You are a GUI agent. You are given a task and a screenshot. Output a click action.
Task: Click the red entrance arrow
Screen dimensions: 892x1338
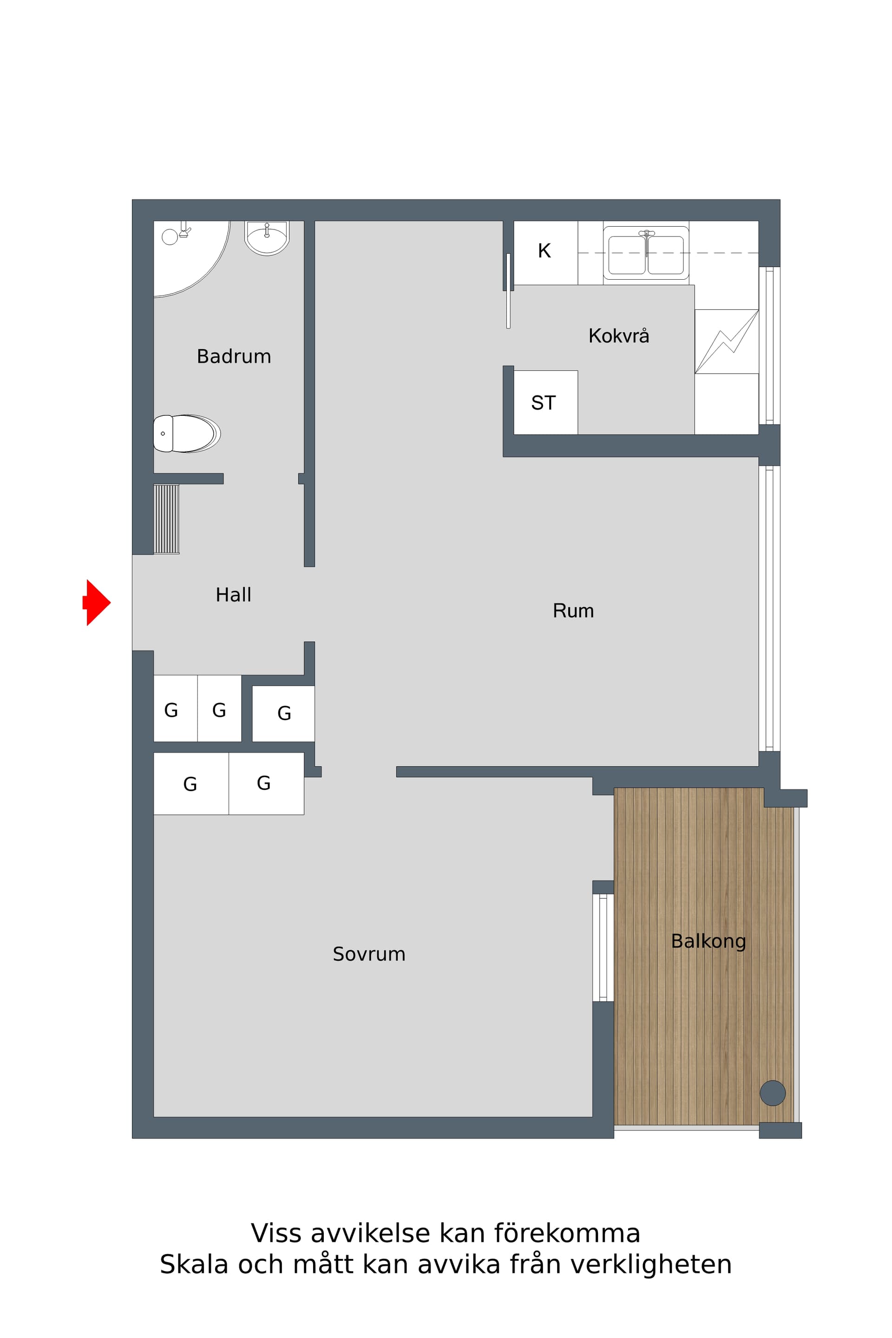coord(97,603)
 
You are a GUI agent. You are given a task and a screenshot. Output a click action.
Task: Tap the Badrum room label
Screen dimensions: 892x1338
coord(234,357)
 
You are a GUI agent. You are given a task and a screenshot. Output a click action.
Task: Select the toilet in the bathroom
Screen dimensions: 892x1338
coord(187,433)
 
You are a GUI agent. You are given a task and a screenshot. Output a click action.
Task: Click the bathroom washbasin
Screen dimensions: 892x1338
coord(267,238)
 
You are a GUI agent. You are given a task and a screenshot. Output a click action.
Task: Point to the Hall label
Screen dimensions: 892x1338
coord(233,595)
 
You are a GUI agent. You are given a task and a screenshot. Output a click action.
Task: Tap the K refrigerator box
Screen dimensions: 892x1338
coord(545,253)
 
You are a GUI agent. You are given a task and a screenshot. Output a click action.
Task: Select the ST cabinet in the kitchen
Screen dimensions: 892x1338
coord(545,403)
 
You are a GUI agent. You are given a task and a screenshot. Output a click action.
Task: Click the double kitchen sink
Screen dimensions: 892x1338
coord(646,253)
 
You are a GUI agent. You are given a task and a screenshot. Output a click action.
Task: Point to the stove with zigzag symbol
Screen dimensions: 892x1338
coord(727,341)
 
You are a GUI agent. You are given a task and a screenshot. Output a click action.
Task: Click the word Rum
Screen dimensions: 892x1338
coord(573,611)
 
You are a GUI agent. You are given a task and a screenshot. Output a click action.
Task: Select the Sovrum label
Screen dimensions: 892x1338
coord(369,954)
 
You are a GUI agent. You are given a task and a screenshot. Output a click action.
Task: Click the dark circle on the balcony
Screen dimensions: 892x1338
coord(773,1093)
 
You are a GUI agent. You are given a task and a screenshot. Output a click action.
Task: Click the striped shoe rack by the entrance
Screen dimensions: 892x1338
coord(166,519)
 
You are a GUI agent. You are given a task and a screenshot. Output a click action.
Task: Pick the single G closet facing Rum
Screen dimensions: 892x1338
coord(283,714)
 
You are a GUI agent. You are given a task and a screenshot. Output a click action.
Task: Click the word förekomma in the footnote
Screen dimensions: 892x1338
coord(567,1233)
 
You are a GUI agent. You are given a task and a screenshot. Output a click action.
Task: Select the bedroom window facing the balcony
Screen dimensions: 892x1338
coord(603,947)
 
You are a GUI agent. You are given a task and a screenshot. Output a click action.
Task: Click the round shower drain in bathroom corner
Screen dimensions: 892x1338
coord(170,236)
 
